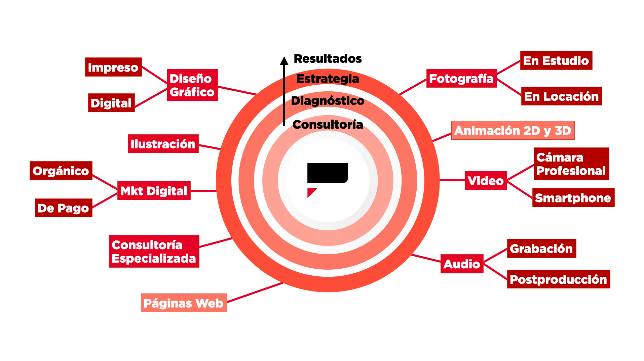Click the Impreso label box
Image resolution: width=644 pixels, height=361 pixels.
(x=113, y=67)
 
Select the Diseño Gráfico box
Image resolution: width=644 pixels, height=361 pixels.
(x=192, y=85)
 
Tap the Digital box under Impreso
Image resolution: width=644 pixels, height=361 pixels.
(x=111, y=103)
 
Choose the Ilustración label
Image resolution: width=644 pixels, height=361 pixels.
(x=163, y=144)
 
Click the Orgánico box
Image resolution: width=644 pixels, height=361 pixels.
(x=61, y=171)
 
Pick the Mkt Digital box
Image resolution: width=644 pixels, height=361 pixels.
(x=154, y=191)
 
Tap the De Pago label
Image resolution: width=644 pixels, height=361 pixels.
(x=64, y=208)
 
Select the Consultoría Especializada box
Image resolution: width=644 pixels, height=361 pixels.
(x=154, y=251)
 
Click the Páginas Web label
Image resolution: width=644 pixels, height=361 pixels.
(x=184, y=303)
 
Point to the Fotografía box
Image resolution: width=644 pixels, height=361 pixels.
(x=461, y=78)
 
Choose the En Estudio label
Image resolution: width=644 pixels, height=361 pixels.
(x=556, y=60)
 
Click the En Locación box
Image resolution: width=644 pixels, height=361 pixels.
(x=561, y=96)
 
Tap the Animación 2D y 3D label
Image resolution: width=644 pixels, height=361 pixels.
(x=513, y=130)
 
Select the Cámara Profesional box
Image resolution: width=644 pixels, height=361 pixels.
(x=571, y=164)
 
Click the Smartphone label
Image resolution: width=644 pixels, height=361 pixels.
(x=573, y=198)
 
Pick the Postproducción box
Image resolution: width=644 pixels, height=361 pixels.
(x=558, y=279)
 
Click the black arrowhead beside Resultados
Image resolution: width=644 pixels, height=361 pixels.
(x=284, y=61)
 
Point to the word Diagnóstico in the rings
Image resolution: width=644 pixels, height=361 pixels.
(x=328, y=100)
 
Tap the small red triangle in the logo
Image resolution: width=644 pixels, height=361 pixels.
(x=311, y=192)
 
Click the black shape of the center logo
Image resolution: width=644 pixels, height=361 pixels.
(x=327, y=173)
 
